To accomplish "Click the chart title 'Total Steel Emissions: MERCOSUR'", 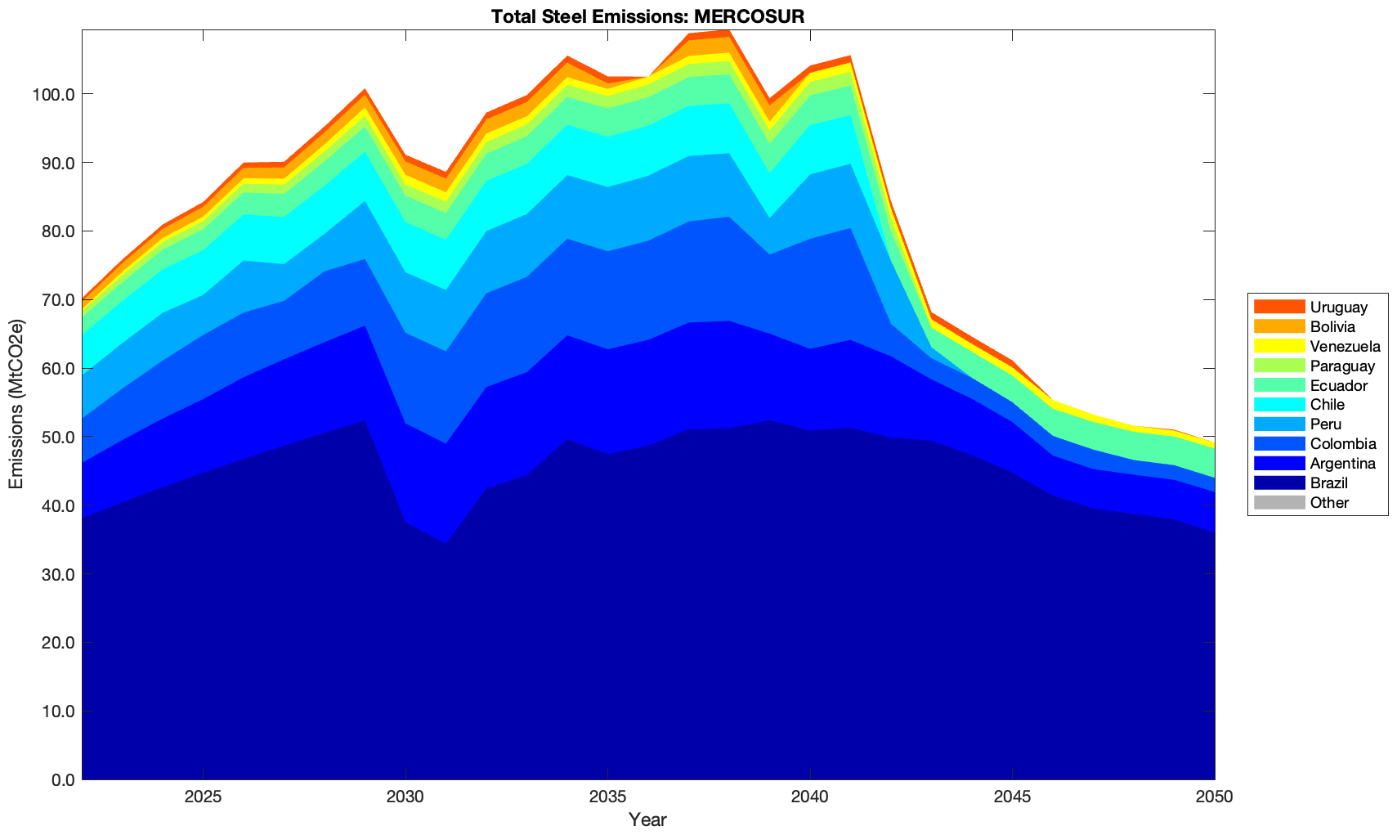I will pos(648,16).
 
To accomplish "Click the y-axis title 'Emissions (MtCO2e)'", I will pos(16,405).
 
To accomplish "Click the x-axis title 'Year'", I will pos(648,819).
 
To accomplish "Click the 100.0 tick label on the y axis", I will pos(54,94).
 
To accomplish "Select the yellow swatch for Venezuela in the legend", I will pos(1279,347).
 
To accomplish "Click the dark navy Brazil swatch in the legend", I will pos(1279,483).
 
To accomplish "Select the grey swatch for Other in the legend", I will pos(1279,503).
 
